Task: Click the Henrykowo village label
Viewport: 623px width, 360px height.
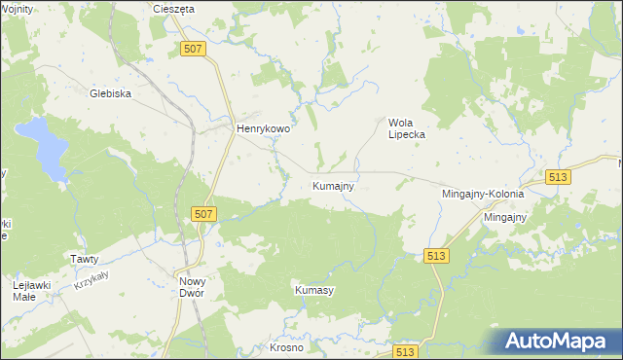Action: [x=265, y=127]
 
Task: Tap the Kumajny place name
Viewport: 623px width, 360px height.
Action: [x=333, y=185]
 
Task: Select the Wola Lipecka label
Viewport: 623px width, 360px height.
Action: [x=408, y=128]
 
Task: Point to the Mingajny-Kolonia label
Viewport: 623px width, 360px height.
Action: [x=483, y=195]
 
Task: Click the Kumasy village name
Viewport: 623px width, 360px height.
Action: [x=314, y=290]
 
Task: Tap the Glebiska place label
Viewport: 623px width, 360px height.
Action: [x=110, y=93]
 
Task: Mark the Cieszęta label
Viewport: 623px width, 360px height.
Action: [x=174, y=9]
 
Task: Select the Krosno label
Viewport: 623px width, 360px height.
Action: [x=287, y=347]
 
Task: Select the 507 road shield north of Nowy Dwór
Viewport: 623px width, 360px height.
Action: [x=202, y=214]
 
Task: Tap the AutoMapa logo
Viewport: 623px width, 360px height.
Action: [x=560, y=341]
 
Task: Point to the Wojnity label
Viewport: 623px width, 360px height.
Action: [x=17, y=9]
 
